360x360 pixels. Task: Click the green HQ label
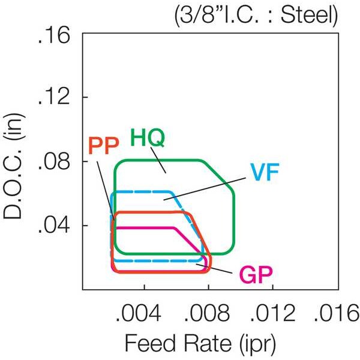point(148,137)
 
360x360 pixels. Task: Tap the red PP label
point(104,146)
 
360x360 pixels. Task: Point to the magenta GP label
point(256,275)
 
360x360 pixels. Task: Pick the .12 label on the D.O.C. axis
point(54,97)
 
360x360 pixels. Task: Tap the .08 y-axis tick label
point(54,161)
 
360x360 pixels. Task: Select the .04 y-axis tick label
point(54,226)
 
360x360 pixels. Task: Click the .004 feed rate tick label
point(139,313)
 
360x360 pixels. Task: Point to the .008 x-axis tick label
point(207,313)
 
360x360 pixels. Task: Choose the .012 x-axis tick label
point(272,313)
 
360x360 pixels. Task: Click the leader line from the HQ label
point(158,160)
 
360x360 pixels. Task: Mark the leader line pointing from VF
point(205,188)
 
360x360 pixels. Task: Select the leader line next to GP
point(214,269)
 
